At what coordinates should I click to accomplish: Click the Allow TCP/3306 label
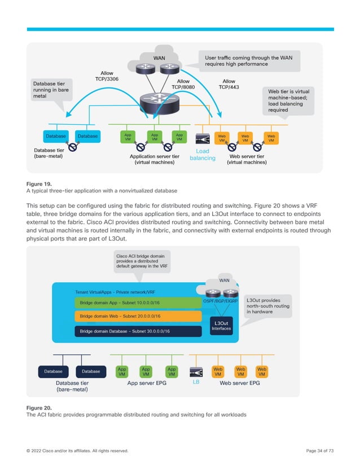click(x=107, y=76)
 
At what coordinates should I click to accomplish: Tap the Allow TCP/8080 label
click(x=183, y=85)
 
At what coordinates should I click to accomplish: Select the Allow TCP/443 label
click(x=230, y=85)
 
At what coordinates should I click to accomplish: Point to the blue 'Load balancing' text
click(x=202, y=155)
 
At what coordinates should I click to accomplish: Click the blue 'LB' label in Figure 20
click(x=197, y=381)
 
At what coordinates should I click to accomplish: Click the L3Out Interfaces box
click(x=221, y=326)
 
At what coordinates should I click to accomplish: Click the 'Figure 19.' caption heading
click(x=39, y=184)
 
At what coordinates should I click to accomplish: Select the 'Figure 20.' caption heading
click(x=39, y=407)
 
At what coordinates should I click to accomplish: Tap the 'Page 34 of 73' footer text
click(x=319, y=451)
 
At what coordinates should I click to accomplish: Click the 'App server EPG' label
click(x=146, y=383)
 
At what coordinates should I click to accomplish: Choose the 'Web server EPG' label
click(x=239, y=383)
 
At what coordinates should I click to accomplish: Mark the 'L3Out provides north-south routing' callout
click(x=267, y=306)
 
